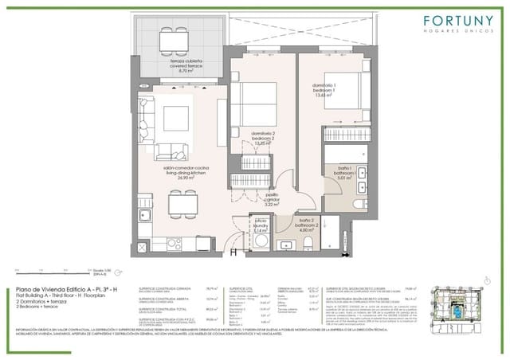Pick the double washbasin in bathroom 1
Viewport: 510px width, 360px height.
pos(360,174)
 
